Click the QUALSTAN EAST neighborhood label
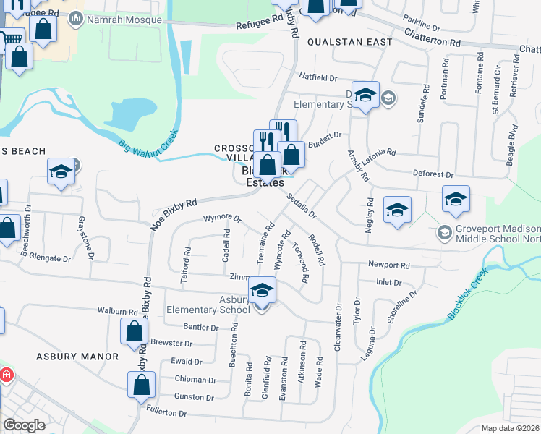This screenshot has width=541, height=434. (x=349, y=42)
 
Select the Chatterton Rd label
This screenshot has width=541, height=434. (x=433, y=38)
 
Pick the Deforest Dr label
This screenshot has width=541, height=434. (x=433, y=175)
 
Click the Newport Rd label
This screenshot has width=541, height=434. (x=388, y=265)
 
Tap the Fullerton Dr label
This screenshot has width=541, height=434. (x=167, y=413)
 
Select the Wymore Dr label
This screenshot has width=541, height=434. (x=221, y=218)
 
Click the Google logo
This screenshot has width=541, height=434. (x=24, y=425)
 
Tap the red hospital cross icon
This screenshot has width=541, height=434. (x=5, y=376)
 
